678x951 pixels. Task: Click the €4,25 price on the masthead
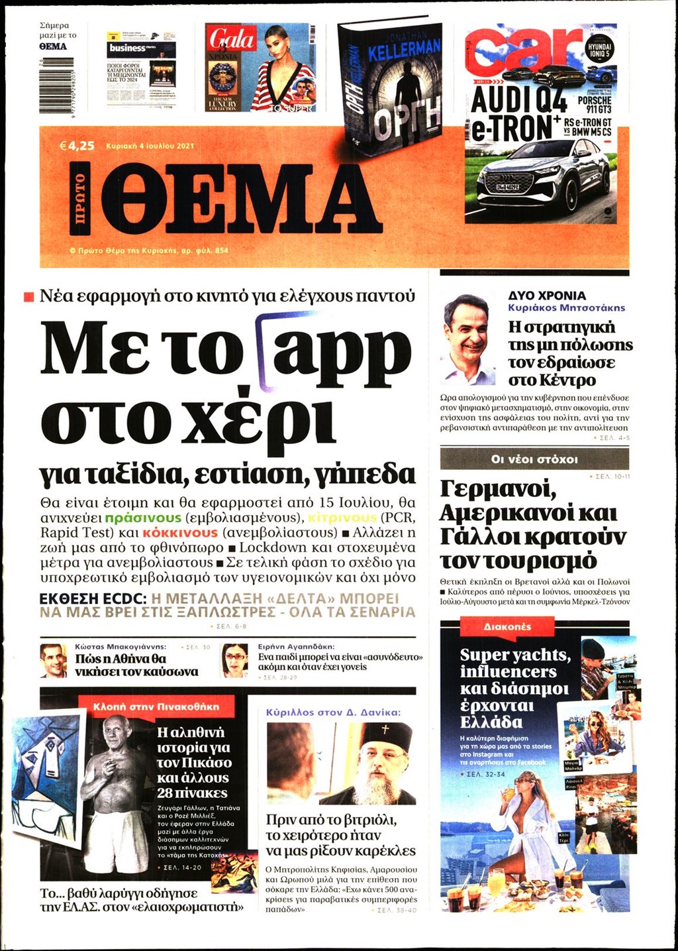(77, 146)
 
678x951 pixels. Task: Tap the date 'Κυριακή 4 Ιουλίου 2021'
(150, 146)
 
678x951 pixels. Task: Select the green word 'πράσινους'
(143, 518)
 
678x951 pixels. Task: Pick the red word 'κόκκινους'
(179, 533)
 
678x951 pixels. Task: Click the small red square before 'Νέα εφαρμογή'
(28, 297)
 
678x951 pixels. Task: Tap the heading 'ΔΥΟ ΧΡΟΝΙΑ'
(547, 296)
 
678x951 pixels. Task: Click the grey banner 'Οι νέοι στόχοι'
(534, 459)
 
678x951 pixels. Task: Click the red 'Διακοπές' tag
(507, 626)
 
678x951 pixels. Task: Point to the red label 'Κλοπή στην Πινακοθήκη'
(156, 706)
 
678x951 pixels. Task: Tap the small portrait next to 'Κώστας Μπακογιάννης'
(53, 660)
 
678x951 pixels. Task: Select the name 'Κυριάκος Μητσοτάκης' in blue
(566, 308)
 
